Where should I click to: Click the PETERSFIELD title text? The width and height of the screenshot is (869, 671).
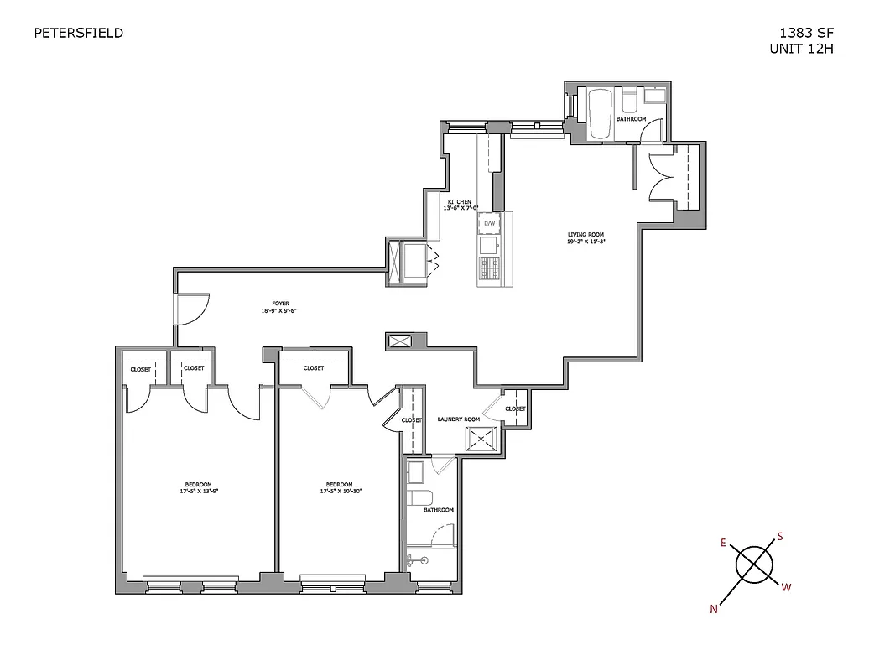click(x=78, y=34)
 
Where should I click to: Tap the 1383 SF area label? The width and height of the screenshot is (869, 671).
click(x=806, y=34)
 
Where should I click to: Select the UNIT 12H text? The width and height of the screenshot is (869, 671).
click(x=801, y=49)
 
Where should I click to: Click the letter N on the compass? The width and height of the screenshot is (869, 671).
click(x=714, y=610)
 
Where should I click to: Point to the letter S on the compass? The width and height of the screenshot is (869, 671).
click(x=779, y=536)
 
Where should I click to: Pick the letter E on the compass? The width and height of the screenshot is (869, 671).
click(x=722, y=543)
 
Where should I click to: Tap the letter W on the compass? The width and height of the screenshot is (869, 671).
click(x=786, y=587)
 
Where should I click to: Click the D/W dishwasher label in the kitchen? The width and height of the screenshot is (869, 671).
click(x=489, y=224)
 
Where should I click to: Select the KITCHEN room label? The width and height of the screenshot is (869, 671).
click(x=459, y=202)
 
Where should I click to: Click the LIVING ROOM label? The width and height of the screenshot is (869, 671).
click(x=585, y=235)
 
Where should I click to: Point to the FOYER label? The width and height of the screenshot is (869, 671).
click(x=279, y=304)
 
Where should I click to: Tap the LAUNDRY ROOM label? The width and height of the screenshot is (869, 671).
click(x=459, y=419)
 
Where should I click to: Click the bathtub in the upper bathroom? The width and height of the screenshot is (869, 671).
click(x=599, y=115)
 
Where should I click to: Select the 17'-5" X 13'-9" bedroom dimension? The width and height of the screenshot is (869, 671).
click(x=198, y=492)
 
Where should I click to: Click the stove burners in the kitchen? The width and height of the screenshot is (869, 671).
click(x=489, y=268)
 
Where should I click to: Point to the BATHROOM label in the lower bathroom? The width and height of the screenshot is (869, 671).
click(x=438, y=510)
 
